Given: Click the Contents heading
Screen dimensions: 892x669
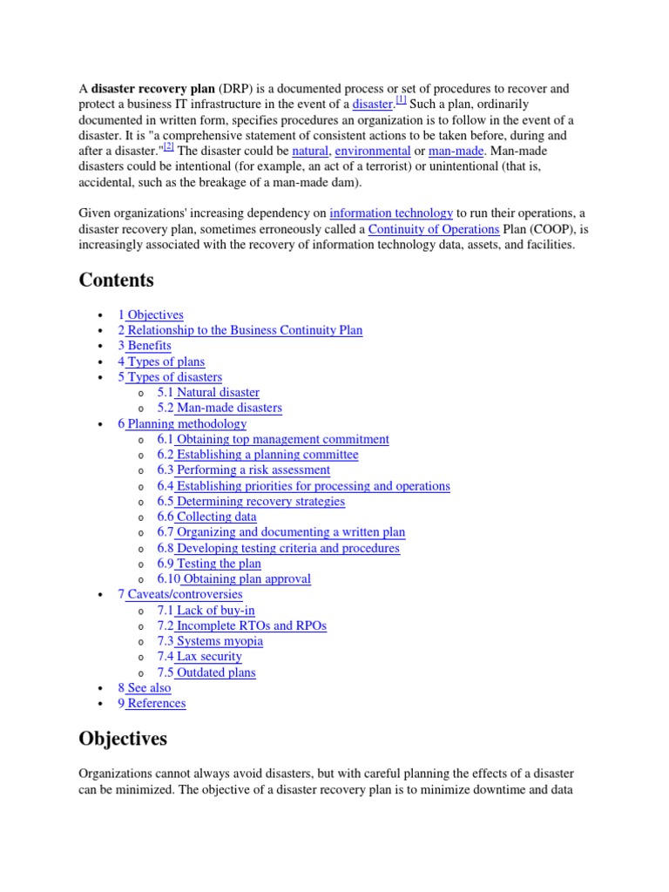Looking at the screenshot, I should pos(116,280).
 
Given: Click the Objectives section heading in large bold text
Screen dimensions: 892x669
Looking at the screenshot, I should pos(123,739).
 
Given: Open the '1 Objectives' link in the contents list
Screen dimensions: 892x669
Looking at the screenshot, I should pos(151,314).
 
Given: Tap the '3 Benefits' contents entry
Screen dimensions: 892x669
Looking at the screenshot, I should pos(145,346).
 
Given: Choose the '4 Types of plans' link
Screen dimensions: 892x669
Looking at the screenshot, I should pos(161,362).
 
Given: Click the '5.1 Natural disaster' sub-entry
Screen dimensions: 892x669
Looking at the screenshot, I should pos(208,393).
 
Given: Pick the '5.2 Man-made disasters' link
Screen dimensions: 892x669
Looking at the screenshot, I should pos(220,408).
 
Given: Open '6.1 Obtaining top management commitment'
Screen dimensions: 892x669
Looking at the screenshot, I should pos(273,439).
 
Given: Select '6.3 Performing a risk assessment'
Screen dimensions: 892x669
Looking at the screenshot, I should pos(243,470).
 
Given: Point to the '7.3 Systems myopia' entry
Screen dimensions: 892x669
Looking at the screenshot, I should pos(210,641).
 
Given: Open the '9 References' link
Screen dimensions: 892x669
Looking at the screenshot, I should pos(152,703).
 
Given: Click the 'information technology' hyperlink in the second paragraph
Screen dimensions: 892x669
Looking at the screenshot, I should pos(391,213).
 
